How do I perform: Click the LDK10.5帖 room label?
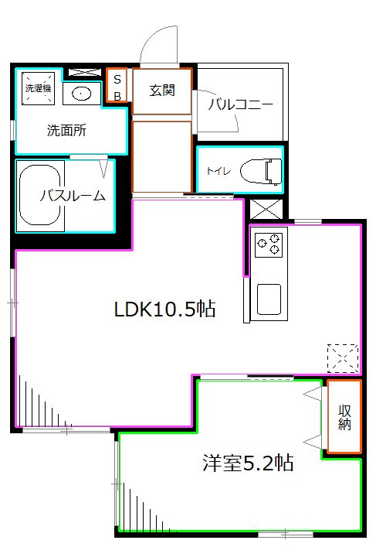point(164,309)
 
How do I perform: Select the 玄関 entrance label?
point(161,91)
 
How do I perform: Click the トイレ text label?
point(216,170)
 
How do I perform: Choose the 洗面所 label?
point(66,130)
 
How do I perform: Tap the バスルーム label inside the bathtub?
point(73,195)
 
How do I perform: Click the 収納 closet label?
point(344,418)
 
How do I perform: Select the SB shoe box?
point(117,86)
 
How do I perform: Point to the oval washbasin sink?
point(80,94)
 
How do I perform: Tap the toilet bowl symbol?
point(260,169)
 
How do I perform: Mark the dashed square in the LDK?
point(343,357)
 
